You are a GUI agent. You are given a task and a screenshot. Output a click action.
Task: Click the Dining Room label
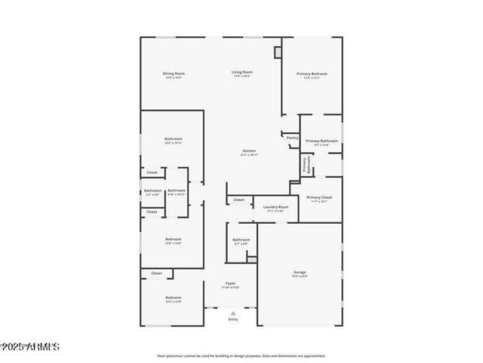(174, 75)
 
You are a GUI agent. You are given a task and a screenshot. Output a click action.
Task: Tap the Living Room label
(241, 74)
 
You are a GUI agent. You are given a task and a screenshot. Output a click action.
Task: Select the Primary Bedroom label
(315, 75)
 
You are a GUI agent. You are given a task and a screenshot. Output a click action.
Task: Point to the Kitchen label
(249, 152)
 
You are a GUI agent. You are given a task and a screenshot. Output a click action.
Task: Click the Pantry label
(292, 138)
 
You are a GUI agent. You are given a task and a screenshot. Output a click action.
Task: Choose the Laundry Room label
(275, 208)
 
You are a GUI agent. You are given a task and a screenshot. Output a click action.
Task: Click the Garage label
(300, 273)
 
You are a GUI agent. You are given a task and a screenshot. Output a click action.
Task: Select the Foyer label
(230, 285)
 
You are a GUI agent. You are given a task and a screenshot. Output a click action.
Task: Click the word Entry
(233, 320)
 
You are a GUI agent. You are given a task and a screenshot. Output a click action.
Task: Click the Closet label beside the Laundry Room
(238, 200)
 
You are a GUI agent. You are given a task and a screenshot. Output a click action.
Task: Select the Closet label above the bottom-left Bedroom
(156, 273)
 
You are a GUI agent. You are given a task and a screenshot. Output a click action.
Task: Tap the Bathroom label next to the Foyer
(241, 242)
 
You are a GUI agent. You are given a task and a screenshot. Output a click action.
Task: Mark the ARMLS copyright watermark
(30, 346)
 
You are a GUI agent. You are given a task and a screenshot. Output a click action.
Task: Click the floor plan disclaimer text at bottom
(241, 355)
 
